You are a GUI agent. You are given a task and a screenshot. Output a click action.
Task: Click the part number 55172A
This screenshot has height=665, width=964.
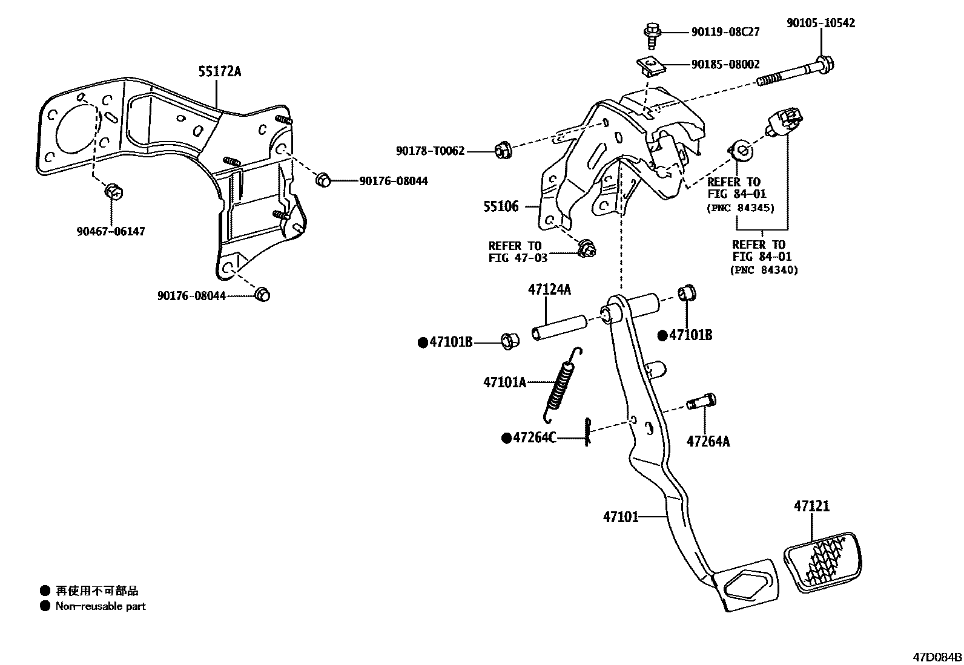[219, 72]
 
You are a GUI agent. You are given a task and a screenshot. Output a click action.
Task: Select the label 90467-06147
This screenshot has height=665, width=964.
[111, 232]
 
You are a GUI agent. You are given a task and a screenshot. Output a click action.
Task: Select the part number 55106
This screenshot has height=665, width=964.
[501, 207]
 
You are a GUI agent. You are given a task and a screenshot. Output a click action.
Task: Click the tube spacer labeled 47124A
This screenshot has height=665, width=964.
[559, 327]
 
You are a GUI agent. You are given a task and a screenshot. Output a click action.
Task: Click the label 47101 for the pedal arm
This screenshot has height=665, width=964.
[621, 517]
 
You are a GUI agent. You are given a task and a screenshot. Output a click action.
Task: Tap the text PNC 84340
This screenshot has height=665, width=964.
[764, 270]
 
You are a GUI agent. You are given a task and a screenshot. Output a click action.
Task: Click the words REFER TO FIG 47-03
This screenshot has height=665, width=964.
[518, 252]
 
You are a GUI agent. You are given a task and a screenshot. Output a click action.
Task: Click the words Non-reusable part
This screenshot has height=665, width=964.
[101, 606]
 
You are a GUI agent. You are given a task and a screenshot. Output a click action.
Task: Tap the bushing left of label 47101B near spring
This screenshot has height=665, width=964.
[509, 341]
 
